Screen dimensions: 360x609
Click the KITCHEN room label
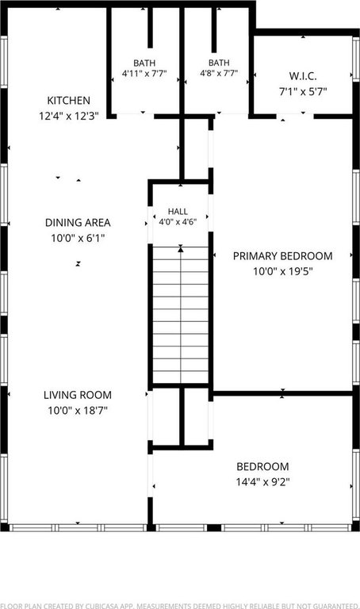(x=69, y=101)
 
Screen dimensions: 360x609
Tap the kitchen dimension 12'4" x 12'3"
(x=69, y=116)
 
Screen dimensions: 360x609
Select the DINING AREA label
(x=78, y=223)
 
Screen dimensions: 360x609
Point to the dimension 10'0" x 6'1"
(x=78, y=238)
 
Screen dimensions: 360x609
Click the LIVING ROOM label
(x=78, y=395)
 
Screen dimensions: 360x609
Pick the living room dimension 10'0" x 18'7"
(x=78, y=410)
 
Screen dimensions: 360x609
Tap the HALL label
(x=178, y=212)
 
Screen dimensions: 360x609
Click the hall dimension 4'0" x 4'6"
(x=178, y=222)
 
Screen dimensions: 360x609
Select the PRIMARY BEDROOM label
(x=283, y=256)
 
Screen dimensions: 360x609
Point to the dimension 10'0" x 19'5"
(x=283, y=271)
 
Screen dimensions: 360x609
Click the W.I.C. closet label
(x=303, y=76)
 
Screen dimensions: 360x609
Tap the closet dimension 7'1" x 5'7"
(x=303, y=92)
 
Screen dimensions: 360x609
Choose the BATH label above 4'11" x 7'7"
(x=144, y=63)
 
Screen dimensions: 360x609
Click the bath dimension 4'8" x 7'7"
(x=219, y=73)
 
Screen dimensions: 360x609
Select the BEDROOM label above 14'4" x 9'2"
(x=263, y=466)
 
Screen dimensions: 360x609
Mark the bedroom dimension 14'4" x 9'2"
(x=263, y=482)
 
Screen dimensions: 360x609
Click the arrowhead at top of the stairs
(x=181, y=249)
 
